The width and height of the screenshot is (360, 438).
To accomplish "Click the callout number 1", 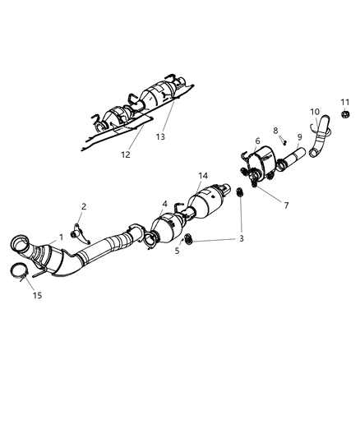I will point(60,237).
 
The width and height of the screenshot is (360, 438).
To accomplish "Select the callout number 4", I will point(164,203).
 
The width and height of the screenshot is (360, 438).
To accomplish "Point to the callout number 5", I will point(177,250).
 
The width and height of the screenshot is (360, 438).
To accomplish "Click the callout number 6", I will point(256,141).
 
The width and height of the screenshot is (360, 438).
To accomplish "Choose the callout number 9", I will point(300,136).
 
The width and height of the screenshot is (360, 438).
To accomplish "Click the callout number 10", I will point(315,112).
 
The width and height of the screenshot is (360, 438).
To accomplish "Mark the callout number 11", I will point(345,101).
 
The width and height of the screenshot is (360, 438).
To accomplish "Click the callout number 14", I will point(203,176).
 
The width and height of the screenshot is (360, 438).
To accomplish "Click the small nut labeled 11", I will point(345,113).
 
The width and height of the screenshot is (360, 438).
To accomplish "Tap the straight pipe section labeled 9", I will point(293,157).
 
